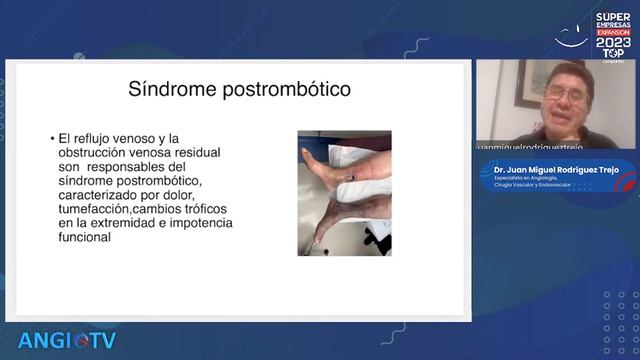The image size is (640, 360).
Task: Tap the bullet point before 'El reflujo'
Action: pos(51,138)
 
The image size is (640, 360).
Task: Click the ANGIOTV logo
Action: pos(67,340)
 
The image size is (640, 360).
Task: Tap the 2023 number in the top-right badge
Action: pos(613,42)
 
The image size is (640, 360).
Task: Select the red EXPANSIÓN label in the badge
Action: pos(613,32)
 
